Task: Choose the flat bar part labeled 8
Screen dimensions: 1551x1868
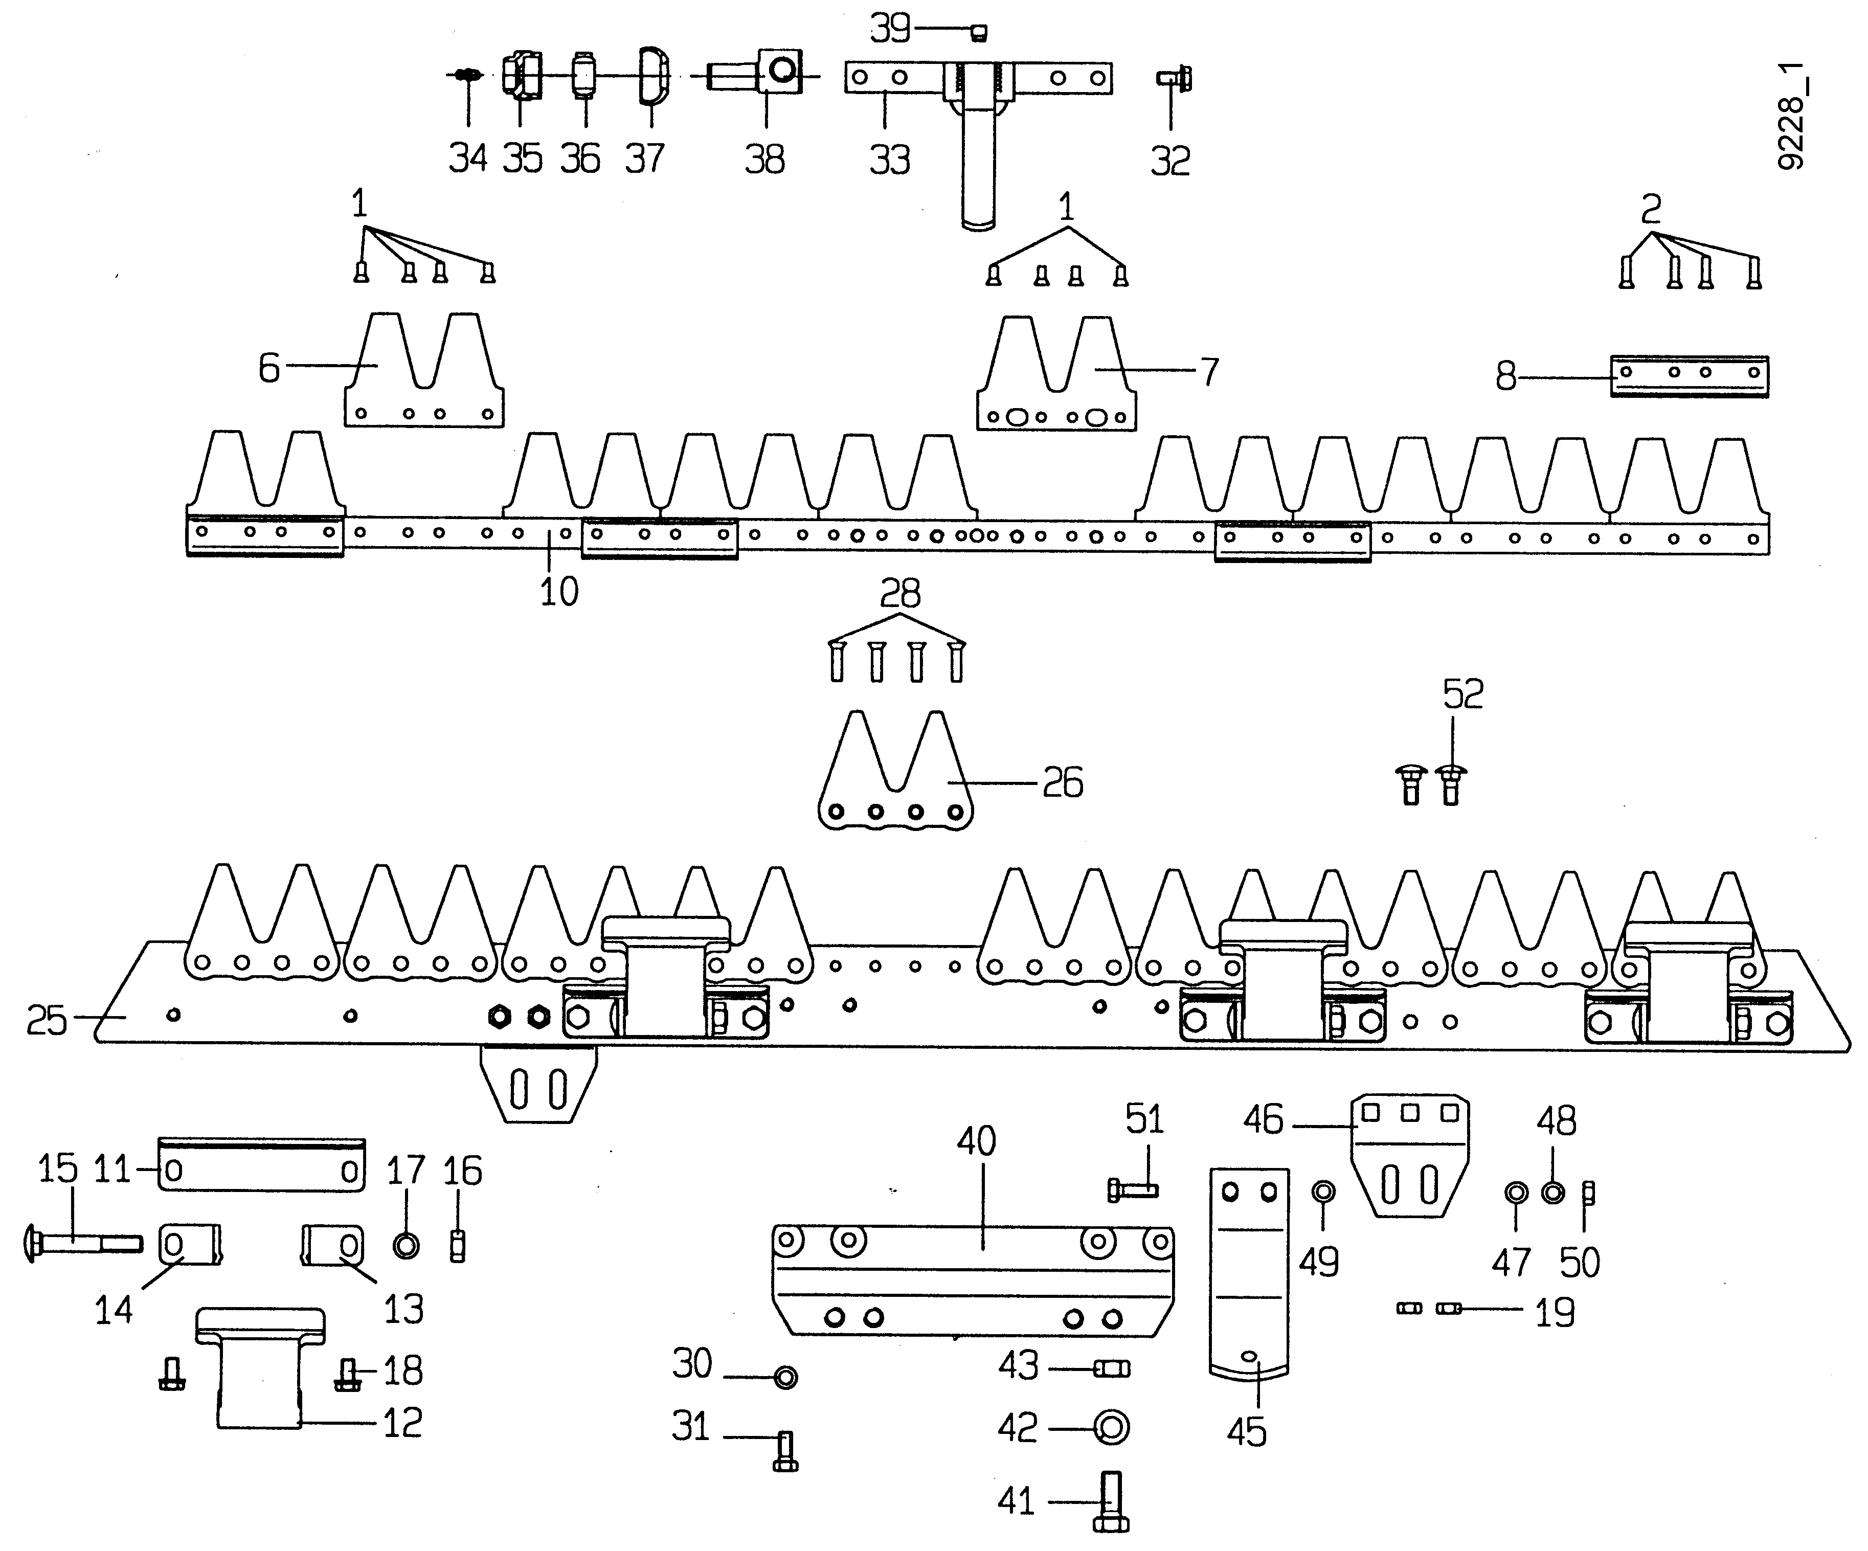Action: coord(1689,377)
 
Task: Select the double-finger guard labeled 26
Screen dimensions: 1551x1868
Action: coord(894,782)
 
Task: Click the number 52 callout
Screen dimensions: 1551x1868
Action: coord(1464,694)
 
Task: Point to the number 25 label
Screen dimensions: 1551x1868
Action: coord(46,1020)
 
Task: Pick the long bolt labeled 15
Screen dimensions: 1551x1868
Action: coord(80,1242)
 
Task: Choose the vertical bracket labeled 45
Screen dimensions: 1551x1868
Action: coord(1249,1272)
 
